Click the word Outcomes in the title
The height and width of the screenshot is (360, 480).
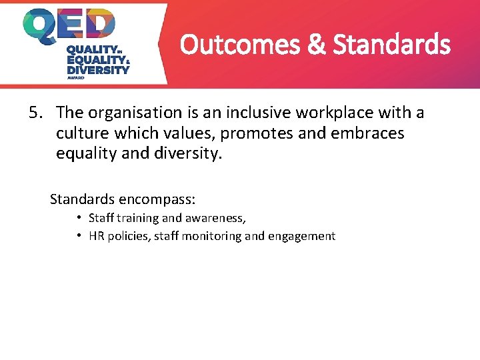pyautogui.click(x=231, y=45)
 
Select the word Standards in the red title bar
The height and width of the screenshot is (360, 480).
pyautogui.click(x=392, y=45)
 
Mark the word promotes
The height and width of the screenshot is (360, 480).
pyautogui.click(x=256, y=133)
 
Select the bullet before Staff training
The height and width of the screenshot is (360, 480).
pyautogui.click(x=79, y=217)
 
